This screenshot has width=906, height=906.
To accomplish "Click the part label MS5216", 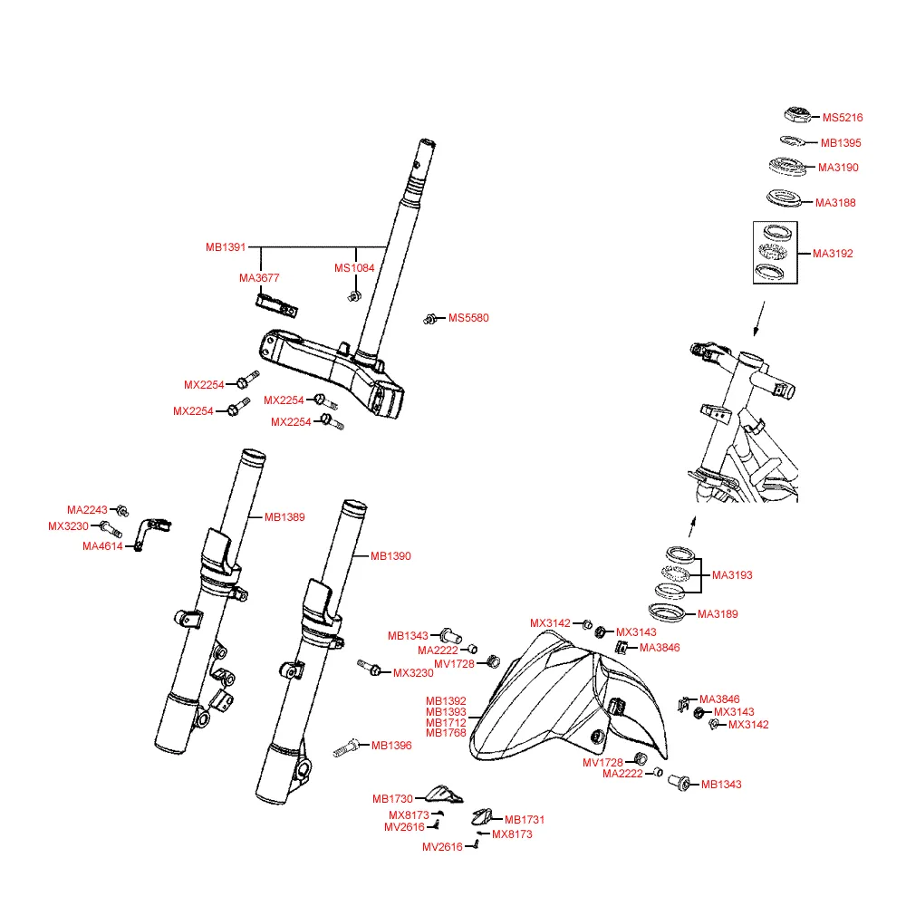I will pos(843,118).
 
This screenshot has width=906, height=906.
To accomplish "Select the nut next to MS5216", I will pos(795,115).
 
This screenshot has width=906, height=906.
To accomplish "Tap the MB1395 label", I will pos(841,143).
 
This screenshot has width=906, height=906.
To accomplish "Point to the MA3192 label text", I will pos(833,254).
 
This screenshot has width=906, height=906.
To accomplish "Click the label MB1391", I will pos(226,247).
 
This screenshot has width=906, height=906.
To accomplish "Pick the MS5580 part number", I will pos(468,318).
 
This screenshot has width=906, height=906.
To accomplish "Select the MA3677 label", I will pos(259,278).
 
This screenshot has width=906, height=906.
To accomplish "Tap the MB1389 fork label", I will pos(284,517).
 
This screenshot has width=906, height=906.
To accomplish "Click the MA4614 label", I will pos(102,546).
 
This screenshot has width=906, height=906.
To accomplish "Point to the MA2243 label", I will pos(87,509).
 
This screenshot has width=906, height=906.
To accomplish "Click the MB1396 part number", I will pos(391,746).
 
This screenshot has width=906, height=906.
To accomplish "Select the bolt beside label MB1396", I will pos(346,747).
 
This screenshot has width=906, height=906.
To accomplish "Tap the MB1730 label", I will pos(392,799).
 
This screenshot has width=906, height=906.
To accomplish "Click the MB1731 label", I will pos(525,820).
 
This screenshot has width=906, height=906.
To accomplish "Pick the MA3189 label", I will pos(718,614).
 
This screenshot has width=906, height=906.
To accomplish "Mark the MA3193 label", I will pos(732,575).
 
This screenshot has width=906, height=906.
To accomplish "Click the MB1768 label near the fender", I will pos(446,733).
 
